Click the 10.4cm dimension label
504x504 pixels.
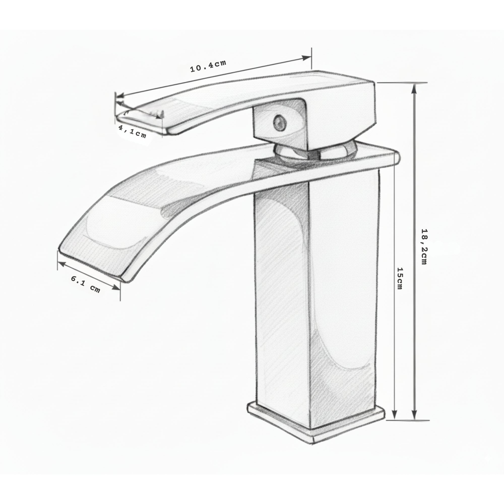[208, 66]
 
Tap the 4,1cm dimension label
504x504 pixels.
[133, 132]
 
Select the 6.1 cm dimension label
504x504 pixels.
[86, 284]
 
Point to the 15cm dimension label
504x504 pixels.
[400, 278]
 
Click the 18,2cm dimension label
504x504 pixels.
[424, 246]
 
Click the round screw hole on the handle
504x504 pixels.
[280, 122]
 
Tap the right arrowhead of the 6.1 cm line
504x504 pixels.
[116, 288]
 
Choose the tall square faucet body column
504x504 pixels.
[316, 300]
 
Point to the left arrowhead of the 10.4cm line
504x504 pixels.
[120, 96]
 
